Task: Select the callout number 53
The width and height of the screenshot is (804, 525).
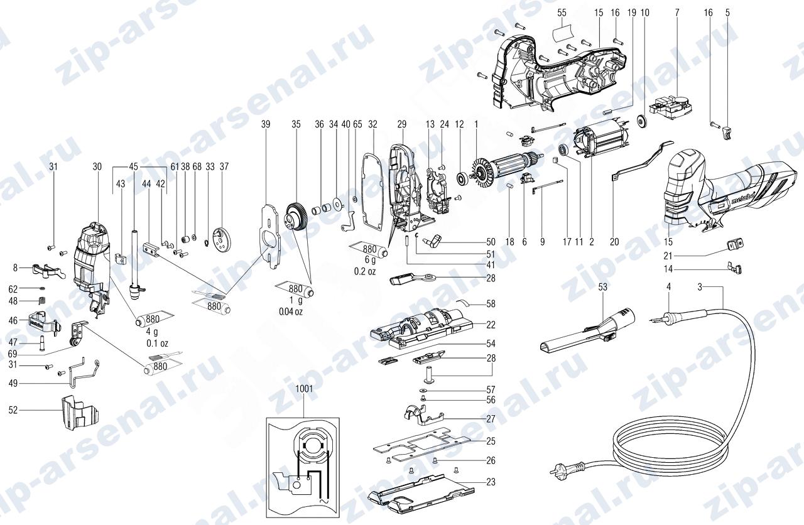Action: click(x=602, y=287)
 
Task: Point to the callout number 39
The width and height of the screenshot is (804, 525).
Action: click(x=266, y=124)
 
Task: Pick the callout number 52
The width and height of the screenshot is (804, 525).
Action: click(x=13, y=410)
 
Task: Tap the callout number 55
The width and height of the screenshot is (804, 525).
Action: click(x=562, y=13)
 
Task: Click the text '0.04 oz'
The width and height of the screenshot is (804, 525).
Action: click(x=291, y=312)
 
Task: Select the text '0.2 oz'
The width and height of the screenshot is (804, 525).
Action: click(x=365, y=272)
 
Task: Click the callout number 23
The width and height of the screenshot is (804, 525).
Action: click(x=491, y=482)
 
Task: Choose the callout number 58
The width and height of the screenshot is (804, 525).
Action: click(x=491, y=304)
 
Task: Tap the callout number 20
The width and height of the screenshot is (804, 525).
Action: click(x=614, y=242)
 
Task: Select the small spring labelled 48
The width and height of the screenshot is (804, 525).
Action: click(x=42, y=301)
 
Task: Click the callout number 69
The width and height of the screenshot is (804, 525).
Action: click(x=13, y=355)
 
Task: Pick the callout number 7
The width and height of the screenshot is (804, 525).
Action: click(x=677, y=13)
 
